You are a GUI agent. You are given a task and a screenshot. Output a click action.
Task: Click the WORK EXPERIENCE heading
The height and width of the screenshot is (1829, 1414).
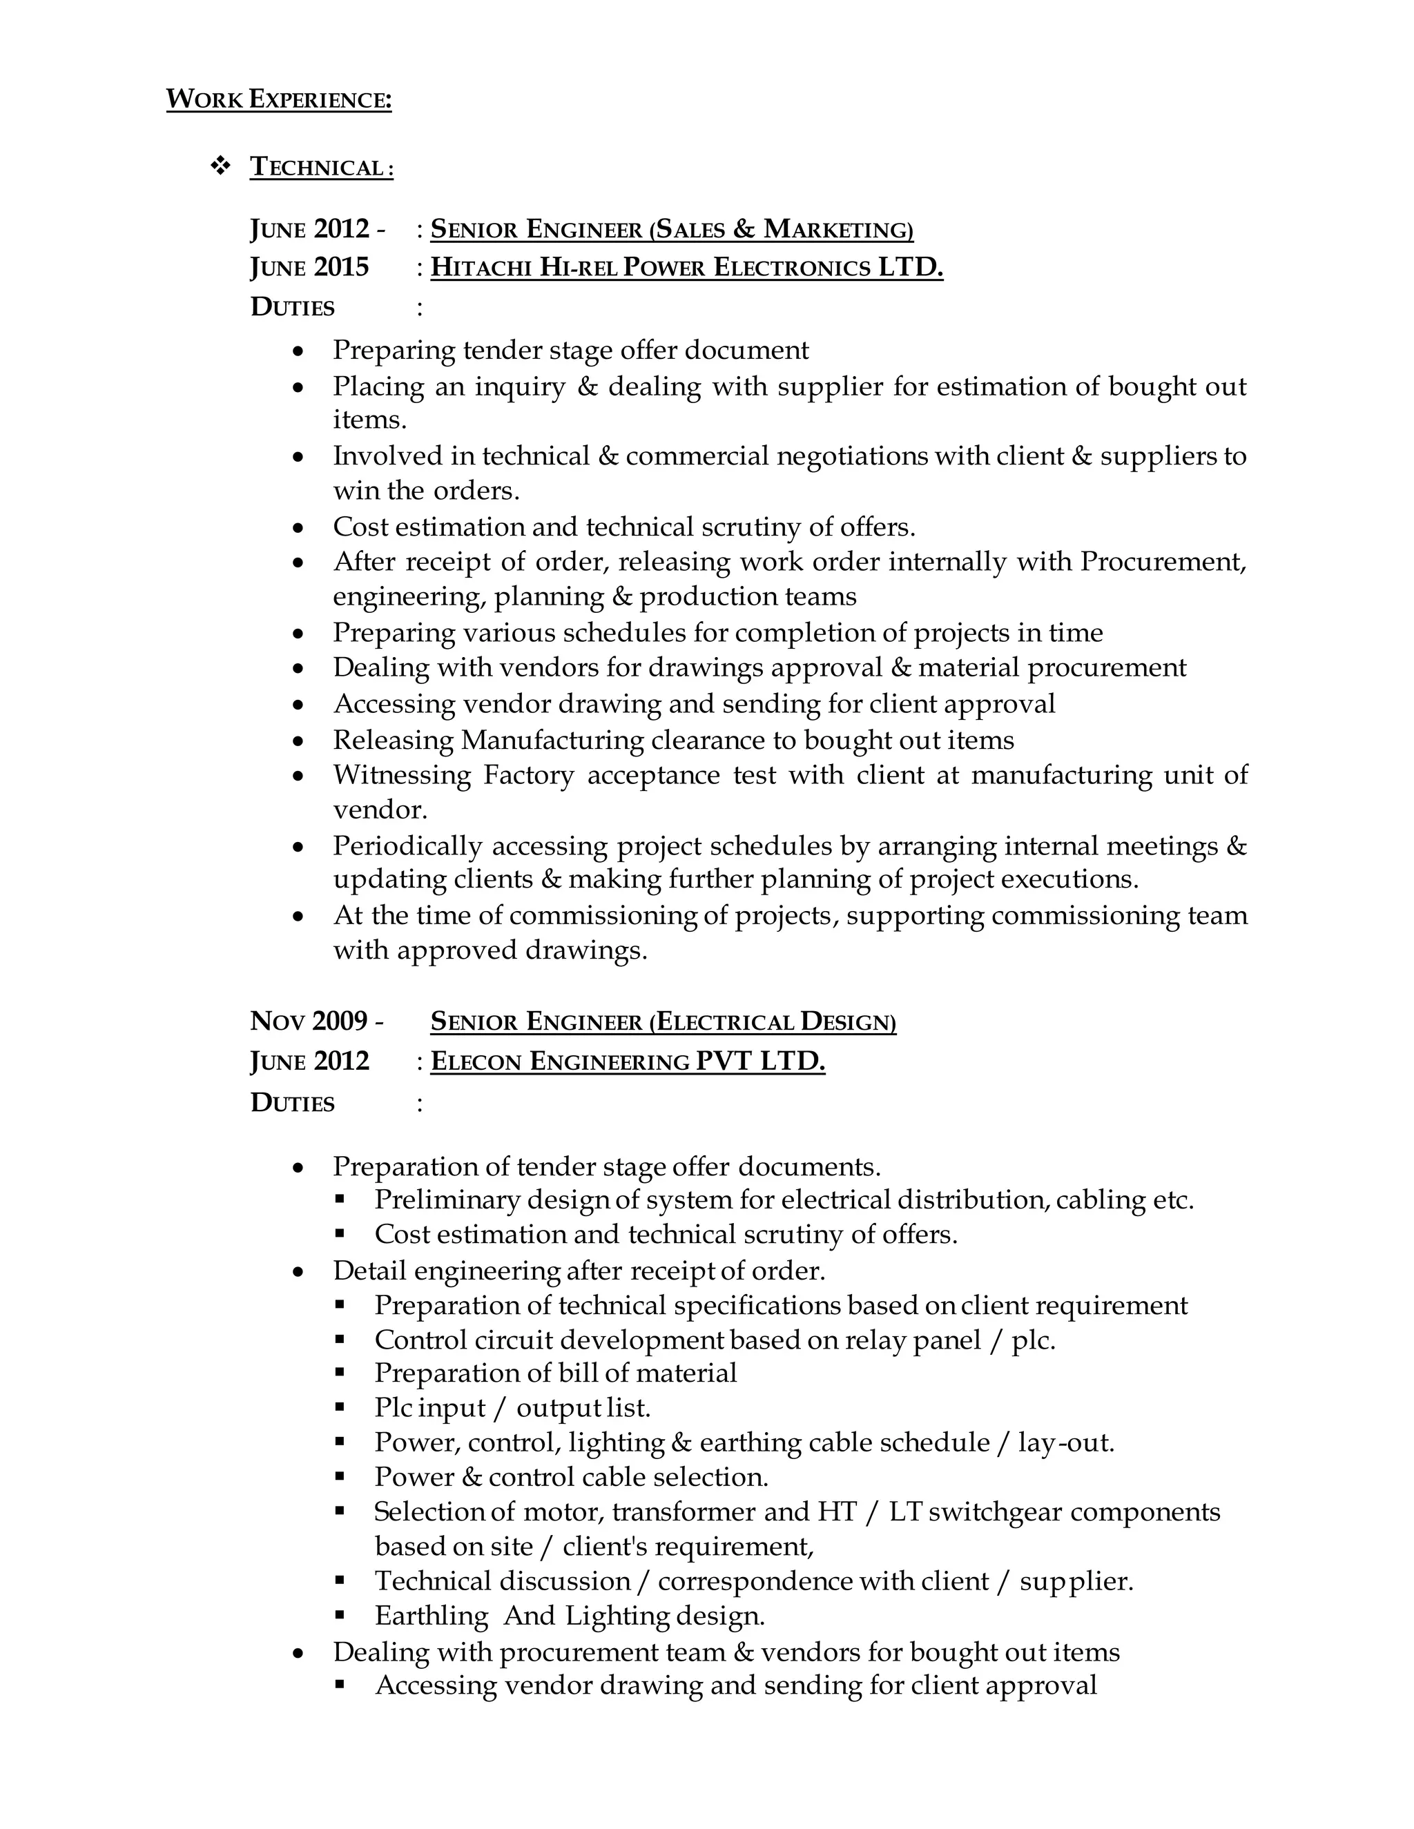(278, 99)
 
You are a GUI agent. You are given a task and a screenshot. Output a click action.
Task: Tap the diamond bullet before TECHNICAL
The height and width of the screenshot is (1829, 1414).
(220, 166)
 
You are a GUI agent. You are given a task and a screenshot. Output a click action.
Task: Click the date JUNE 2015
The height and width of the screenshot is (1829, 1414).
(309, 268)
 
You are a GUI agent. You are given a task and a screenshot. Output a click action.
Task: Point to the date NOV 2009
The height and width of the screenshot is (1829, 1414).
(309, 1021)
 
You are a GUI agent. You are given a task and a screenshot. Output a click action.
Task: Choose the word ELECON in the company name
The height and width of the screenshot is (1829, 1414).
(476, 1063)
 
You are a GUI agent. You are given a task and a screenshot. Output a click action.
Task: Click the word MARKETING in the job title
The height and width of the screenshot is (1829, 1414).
(837, 229)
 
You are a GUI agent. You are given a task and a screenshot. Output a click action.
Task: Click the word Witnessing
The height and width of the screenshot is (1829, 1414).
(401, 776)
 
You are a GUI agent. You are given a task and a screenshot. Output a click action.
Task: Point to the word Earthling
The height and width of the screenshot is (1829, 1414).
(431, 1616)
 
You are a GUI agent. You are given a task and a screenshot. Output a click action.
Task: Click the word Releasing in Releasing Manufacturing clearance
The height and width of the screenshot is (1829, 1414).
(393, 741)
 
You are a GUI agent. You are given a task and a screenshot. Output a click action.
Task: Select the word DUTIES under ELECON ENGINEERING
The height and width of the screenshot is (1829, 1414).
(291, 1104)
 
